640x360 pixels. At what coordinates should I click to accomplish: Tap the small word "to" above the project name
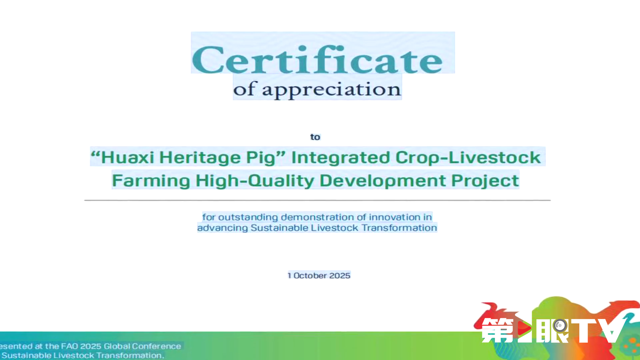pyautogui.click(x=315, y=137)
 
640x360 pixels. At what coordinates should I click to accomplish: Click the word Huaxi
pyautogui.click(x=128, y=157)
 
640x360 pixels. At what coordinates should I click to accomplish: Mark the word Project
pyautogui.click(x=485, y=181)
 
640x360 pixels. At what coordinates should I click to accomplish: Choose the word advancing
pyautogui.click(x=223, y=228)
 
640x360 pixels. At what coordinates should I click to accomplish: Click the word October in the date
pyautogui.click(x=310, y=276)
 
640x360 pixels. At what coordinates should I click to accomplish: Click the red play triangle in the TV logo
pyautogui.click(x=524, y=328)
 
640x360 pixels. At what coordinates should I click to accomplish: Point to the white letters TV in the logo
pyautogui.click(x=599, y=330)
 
